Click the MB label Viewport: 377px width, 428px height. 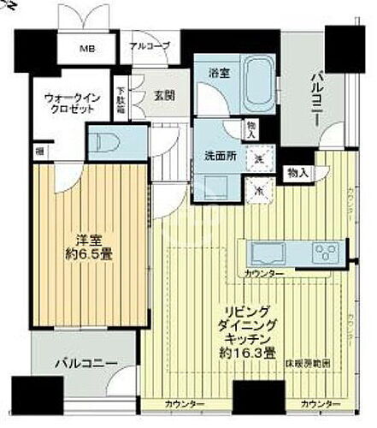(x=87, y=48)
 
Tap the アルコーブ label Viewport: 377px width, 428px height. (x=150, y=45)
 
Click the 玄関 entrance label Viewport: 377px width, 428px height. (x=165, y=96)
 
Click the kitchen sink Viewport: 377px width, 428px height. (x=268, y=253)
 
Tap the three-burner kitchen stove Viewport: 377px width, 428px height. (x=325, y=252)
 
